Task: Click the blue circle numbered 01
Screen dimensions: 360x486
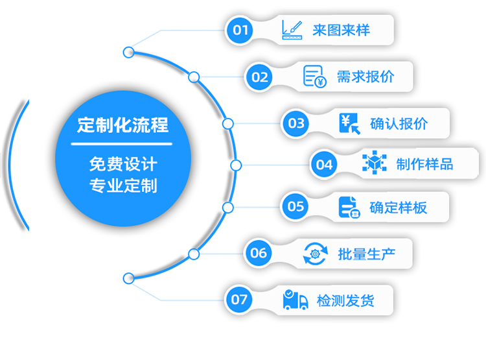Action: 240,30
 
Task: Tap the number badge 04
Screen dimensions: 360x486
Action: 324,164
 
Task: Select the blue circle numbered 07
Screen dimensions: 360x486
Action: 239,299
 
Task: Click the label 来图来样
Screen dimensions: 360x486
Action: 341,30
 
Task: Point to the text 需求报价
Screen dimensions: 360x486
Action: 365,77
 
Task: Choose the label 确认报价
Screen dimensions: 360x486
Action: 399,123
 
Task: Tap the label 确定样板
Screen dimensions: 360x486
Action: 399,208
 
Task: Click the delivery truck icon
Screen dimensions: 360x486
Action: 295,300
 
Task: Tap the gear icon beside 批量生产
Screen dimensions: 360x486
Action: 316,254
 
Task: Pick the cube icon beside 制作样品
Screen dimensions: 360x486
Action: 374,163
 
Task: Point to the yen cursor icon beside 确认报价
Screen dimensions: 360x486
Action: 350,123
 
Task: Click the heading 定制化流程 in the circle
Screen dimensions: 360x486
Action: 122,125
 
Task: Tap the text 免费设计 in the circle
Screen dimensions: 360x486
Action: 122,164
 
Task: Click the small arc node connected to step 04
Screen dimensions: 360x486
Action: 236,165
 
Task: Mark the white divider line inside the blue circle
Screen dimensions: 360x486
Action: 122,143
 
